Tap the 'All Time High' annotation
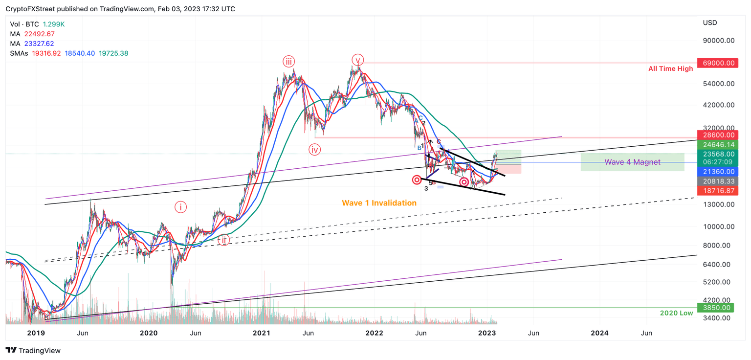[670, 69]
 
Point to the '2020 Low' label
[676, 313]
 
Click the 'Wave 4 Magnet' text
[632, 162]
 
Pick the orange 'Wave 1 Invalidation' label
[379, 202]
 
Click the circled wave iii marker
[288, 61]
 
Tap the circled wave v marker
[357, 60]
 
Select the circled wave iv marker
[314, 150]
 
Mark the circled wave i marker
[180, 207]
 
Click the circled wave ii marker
[224, 240]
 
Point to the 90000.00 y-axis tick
[718, 41]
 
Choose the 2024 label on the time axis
[599, 333]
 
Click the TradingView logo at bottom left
[33, 350]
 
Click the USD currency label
[709, 23]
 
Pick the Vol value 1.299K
[53, 24]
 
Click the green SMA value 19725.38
[114, 53]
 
